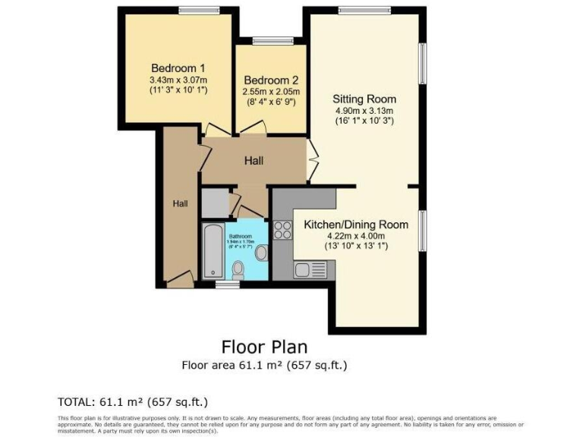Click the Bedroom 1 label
tap(178, 66)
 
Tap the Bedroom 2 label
tap(271, 80)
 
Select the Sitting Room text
tap(364, 99)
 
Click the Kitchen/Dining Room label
tap(356, 225)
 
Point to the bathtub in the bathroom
tap(212, 251)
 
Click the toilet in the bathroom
tap(238, 268)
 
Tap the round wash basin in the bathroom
tap(262, 252)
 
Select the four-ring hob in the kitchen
tap(283, 230)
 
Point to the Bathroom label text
tap(241, 236)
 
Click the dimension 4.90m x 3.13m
tap(364, 110)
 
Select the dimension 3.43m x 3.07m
tap(178, 78)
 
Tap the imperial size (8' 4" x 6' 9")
tap(271, 101)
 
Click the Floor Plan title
tap(264, 347)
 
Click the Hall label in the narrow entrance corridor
tap(180, 203)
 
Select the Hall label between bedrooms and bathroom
tap(254, 161)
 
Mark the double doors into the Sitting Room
tap(310, 161)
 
